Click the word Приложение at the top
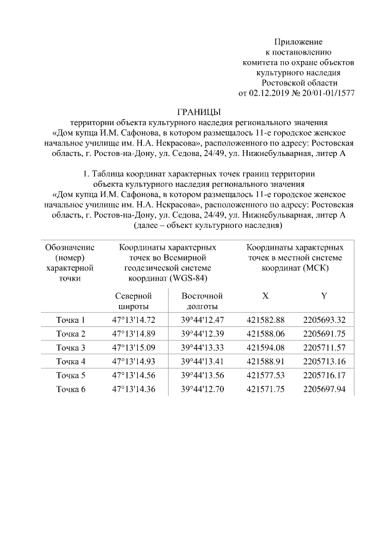(x=298, y=42)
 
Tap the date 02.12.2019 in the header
(x=267, y=93)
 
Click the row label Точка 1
(x=71, y=320)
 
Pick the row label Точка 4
(x=71, y=361)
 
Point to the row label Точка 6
(x=71, y=389)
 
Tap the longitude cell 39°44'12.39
(x=202, y=333)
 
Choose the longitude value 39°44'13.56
(x=202, y=376)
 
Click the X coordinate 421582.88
(x=265, y=320)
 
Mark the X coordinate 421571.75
(x=265, y=389)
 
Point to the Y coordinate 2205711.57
(x=324, y=348)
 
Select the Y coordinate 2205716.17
(x=324, y=376)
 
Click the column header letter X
(x=265, y=295)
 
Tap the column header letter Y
(x=324, y=295)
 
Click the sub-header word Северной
(x=134, y=295)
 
